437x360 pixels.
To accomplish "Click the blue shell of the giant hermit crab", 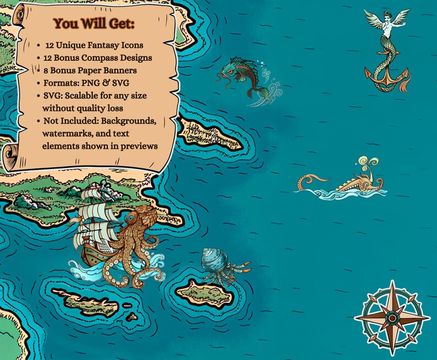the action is (213, 259).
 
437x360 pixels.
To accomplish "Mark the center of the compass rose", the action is (391, 317).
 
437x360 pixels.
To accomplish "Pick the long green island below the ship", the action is (85, 301).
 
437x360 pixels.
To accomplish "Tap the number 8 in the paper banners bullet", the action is (46, 70).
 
